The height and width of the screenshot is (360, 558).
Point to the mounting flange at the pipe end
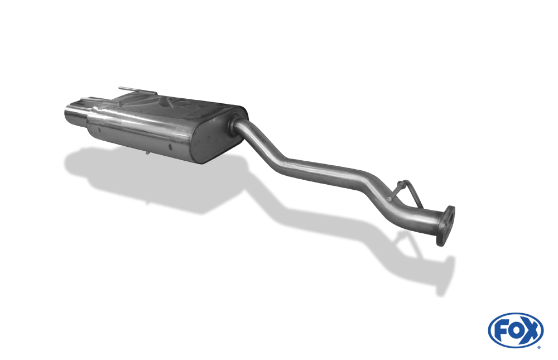(x=445, y=225)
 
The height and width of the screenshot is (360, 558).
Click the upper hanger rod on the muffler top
(x=137, y=90)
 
